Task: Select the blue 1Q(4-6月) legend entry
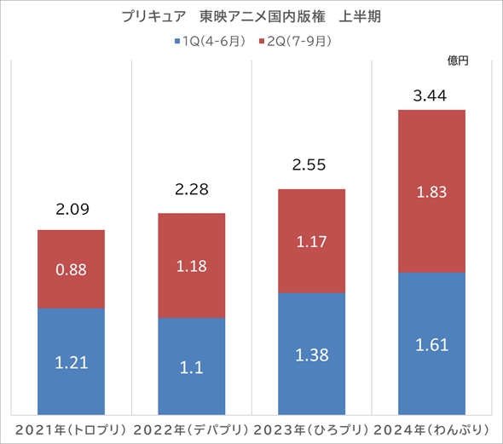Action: (210, 40)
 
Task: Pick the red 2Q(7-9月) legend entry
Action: (294, 40)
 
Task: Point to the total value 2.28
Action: (192, 189)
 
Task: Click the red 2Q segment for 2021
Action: (71, 269)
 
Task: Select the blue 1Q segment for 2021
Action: (71, 362)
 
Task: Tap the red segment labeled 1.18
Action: (192, 265)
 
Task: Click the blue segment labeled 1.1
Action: (192, 366)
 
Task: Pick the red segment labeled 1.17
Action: (311, 241)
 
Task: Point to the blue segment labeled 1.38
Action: (311, 354)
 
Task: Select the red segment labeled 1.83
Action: (432, 192)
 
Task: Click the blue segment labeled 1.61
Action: (432, 344)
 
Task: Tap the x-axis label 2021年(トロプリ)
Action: (71, 428)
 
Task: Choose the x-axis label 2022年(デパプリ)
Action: (192, 428)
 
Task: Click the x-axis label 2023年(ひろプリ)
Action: (311, 428)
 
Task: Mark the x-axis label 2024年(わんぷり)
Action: (432, 428)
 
